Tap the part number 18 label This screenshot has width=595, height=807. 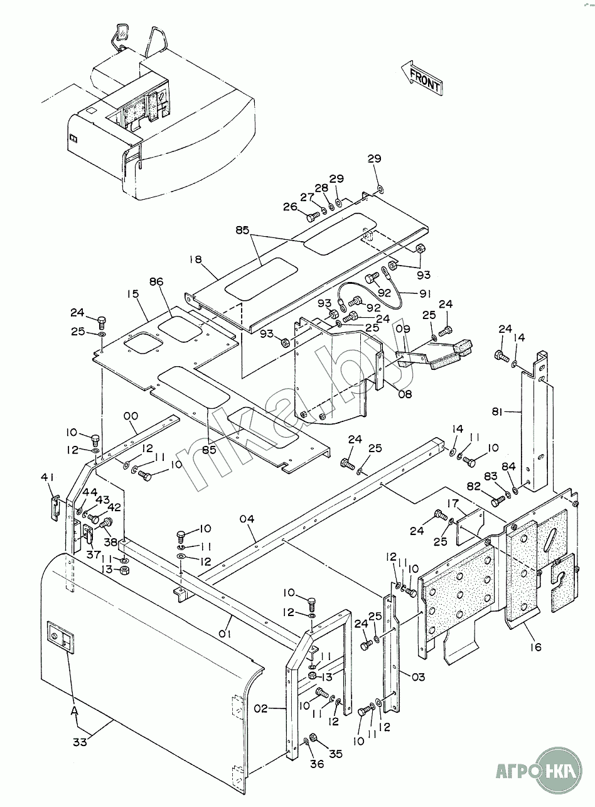coord(195,260)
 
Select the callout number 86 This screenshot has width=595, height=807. coord(156,282)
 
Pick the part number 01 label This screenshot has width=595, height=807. coord(225,634)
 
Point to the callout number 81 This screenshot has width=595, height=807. coord(497,412)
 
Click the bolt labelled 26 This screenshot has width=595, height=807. coord(313,217)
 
